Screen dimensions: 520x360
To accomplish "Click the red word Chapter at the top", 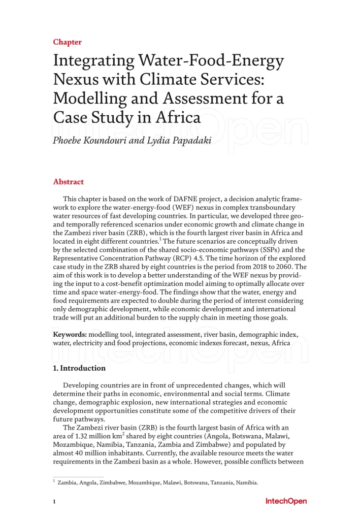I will [68, 42].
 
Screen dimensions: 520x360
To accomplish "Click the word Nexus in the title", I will [75, 80].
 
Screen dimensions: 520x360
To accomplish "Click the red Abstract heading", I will [69, 182].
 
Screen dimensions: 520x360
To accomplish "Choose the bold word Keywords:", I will [70, 335].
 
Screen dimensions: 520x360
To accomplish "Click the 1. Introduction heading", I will [80, 368].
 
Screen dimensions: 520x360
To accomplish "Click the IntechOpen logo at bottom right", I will [286, 501].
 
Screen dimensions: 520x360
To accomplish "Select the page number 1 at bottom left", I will [54, 502].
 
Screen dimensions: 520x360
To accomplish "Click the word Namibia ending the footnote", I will [247, 482].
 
